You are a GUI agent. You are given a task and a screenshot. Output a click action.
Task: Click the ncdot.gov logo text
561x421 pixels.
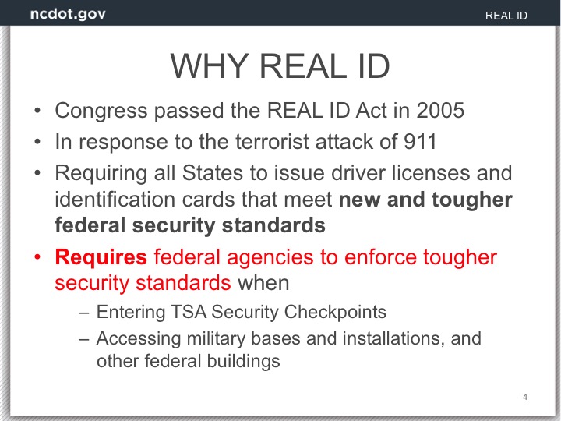68,15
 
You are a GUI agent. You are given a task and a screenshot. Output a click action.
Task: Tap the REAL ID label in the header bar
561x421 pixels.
506,16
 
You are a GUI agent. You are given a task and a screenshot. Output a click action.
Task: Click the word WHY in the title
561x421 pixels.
210,65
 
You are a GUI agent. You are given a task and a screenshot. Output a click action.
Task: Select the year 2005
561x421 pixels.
440,110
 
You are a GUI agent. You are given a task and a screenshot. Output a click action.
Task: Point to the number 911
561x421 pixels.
420,141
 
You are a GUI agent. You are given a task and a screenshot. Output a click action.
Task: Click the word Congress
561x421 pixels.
101,111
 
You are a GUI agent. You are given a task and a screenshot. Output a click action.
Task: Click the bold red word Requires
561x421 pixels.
101,258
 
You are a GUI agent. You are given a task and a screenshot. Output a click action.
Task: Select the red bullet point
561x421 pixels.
37,257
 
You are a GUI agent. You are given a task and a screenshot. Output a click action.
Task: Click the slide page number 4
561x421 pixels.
525,397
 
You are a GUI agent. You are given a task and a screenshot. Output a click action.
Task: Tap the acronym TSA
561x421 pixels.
189,312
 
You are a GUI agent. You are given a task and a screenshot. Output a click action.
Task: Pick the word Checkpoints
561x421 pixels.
335,313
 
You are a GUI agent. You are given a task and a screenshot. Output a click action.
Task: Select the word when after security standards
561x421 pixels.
263,283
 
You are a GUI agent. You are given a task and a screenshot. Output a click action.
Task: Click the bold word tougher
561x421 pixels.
472,200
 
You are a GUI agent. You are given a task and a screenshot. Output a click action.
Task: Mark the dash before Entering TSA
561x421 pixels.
83,313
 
